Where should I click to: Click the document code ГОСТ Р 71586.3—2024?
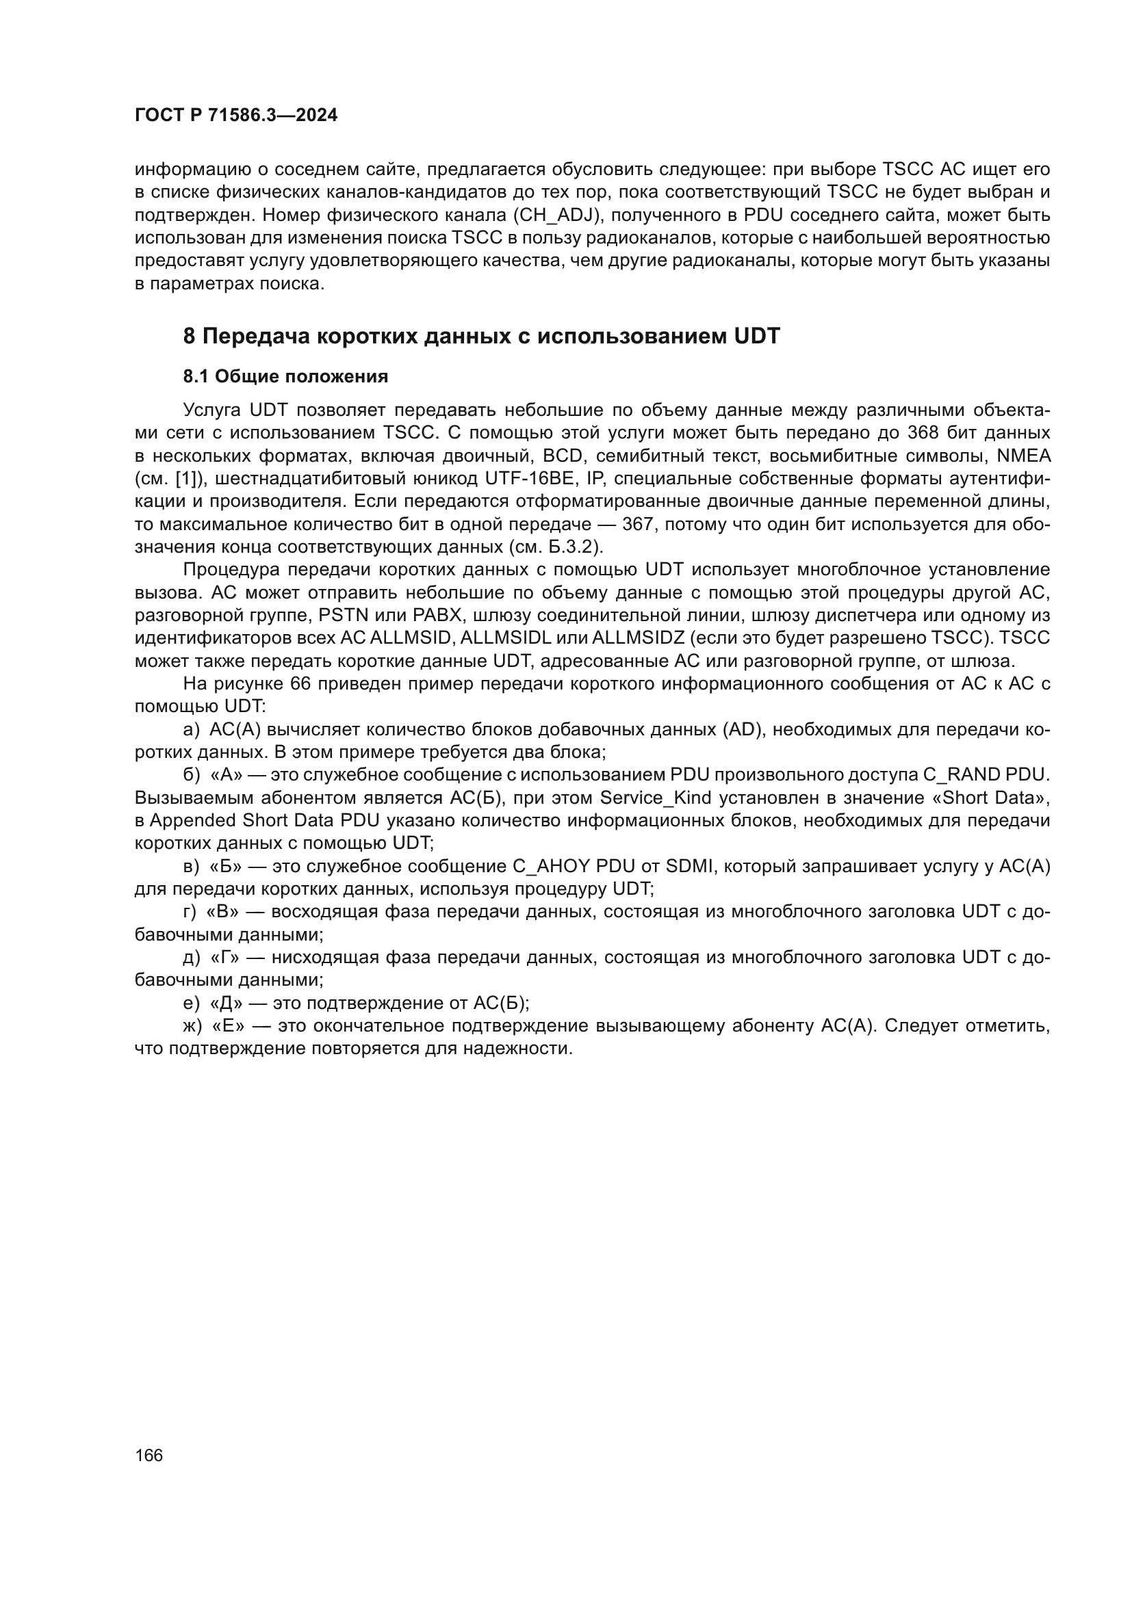tap(235, 116)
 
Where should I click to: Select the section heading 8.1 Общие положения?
tap(285, 377)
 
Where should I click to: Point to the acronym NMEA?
tap(1023, 456)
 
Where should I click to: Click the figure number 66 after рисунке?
tap(300, 683)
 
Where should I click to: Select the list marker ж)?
tap(192, 1026)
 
